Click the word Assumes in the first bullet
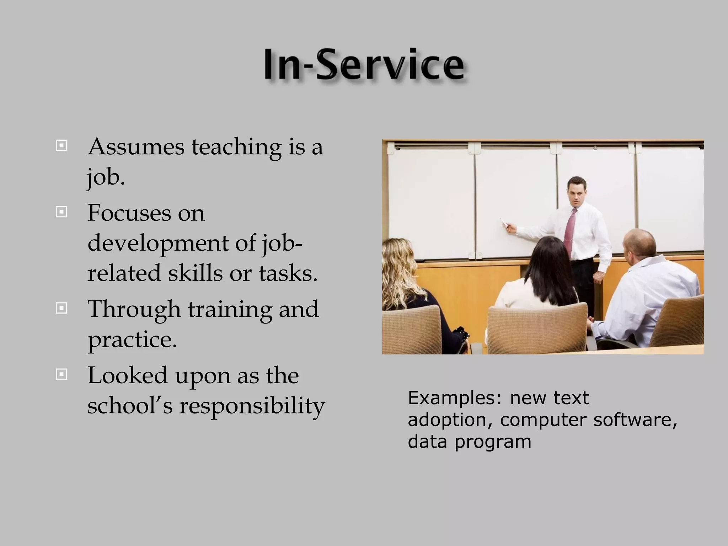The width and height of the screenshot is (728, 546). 136,147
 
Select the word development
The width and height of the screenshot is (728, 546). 158,244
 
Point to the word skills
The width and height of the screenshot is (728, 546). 195,273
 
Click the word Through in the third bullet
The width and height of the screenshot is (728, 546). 134,309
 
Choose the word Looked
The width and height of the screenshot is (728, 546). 127,375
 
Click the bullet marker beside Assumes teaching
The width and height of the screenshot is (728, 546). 61,146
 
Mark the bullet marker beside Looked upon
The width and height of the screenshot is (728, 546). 61,374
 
